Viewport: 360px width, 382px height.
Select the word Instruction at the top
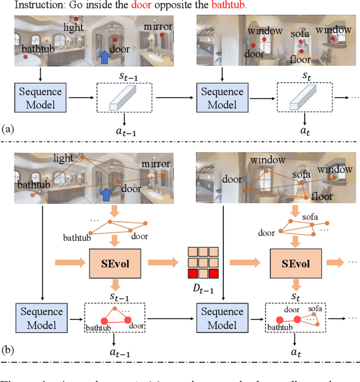click(x=39, y=6)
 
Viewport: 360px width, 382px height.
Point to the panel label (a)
click(x=8, y=129)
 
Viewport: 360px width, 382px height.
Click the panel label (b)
click(x=8, y=350)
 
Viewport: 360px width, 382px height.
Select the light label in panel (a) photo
click(x=73, y=26)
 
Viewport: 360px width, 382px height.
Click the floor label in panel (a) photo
click(x=300, y=59)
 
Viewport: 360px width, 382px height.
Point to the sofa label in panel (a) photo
click(x=300, y=34)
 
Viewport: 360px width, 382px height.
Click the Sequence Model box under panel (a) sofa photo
click(x=222, y=98)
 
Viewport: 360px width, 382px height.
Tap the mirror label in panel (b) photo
click(x=156, y=164)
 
